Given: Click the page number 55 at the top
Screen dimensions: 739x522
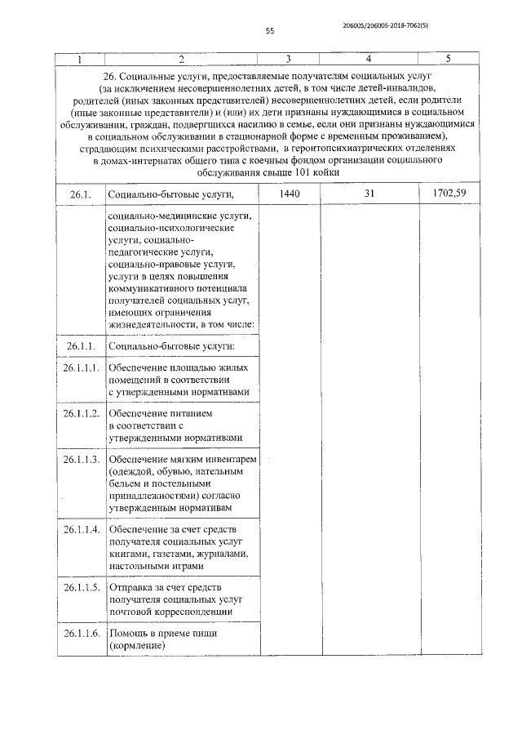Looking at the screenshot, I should (270, 32).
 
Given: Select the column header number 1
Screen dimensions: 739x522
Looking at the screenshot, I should (79, 60).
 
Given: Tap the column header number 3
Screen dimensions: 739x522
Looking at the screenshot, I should (288, 60).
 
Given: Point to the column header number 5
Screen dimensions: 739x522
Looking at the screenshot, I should (449, 60).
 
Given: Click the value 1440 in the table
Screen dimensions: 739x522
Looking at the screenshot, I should (289, 194).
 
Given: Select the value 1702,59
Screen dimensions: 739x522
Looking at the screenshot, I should (450, 194).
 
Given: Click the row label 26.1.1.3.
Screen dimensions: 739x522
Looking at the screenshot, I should (82, 460).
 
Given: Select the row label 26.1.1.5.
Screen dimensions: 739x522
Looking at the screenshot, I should (82, 587).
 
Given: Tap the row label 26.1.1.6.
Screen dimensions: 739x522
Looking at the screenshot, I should (82, 634).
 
